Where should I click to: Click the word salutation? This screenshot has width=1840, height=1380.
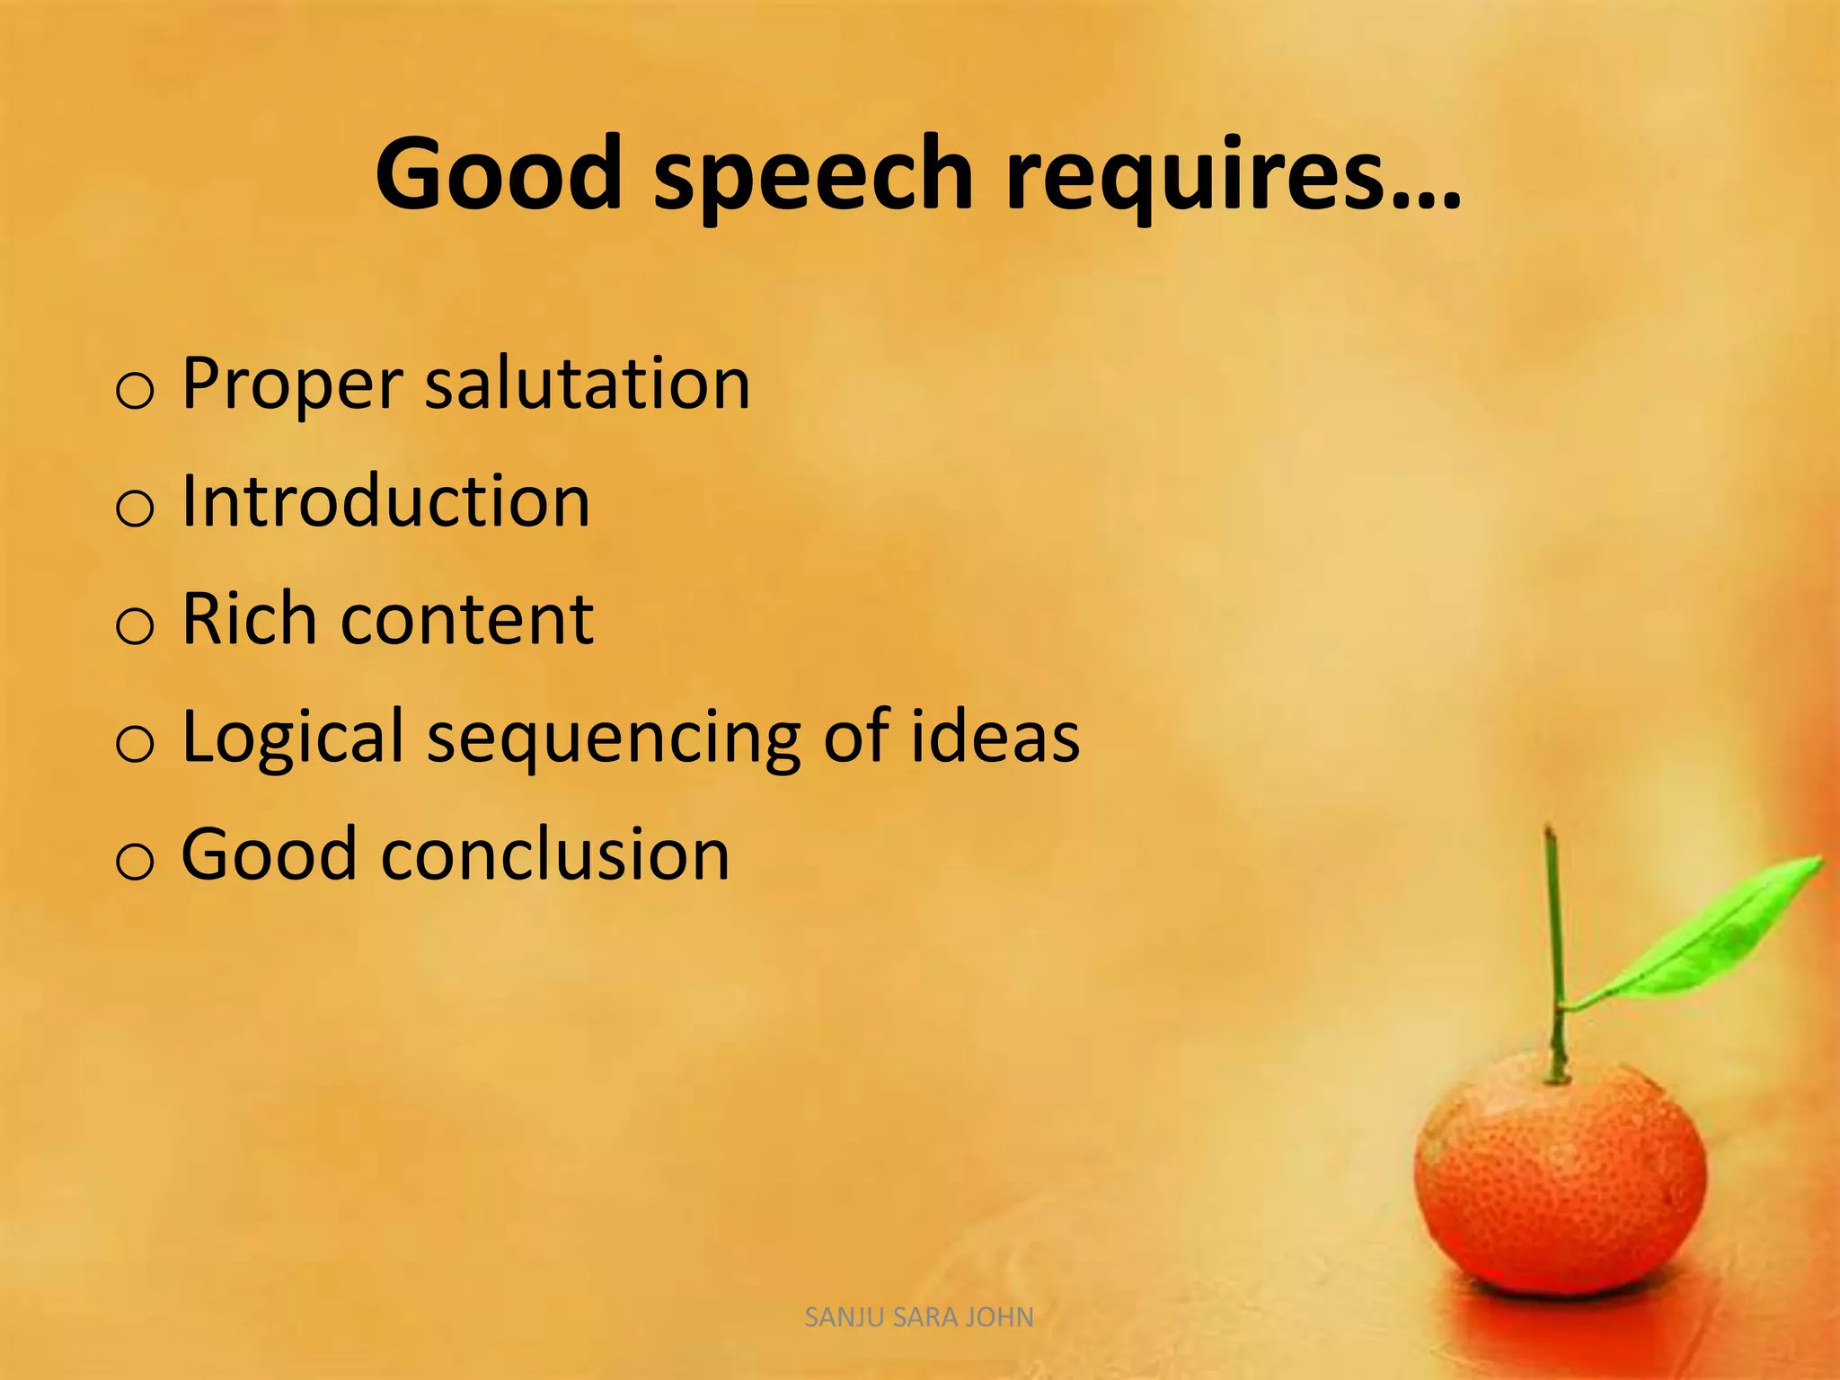587,384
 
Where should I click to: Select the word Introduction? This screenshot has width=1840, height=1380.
386,500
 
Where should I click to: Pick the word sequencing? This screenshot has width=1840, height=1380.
614,739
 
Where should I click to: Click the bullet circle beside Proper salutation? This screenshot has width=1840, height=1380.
135,392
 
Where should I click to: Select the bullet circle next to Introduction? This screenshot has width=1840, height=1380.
135,509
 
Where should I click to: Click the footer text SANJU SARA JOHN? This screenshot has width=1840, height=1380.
919,1317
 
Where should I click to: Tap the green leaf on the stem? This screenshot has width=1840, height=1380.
1707,934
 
